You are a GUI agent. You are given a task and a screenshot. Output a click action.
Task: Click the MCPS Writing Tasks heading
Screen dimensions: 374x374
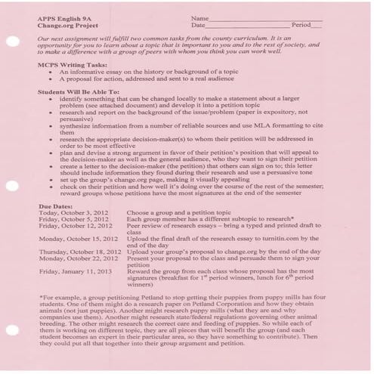click(69, 66)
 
